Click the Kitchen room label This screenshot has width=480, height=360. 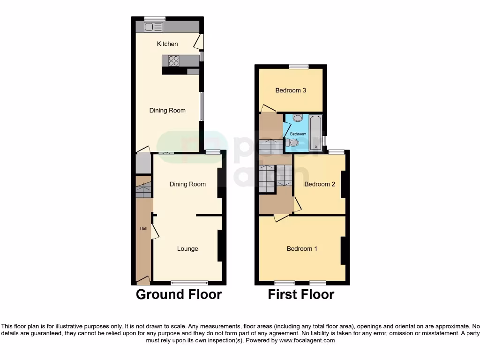pos(167,44)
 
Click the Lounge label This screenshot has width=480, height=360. pos(187,248)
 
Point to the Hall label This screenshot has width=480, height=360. pos(143,228)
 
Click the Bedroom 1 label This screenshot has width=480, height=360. pos(302,248)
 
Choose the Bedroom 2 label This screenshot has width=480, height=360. pos(320,184)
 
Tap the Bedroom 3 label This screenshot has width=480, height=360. pos(291,90)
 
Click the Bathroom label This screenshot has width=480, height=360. pos(298,134)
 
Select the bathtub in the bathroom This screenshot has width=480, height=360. pos(316,133)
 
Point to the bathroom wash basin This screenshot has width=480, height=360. pos(298,119)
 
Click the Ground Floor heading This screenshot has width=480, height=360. pos(179,294)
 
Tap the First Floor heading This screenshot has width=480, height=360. pos(301,294)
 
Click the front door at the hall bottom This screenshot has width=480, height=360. pos(143,281)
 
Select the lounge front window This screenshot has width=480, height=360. pos(189,283)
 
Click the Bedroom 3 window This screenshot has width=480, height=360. pos(299,67)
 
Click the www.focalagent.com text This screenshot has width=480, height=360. pos(307,340)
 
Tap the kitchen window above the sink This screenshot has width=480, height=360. pos(155,19)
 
